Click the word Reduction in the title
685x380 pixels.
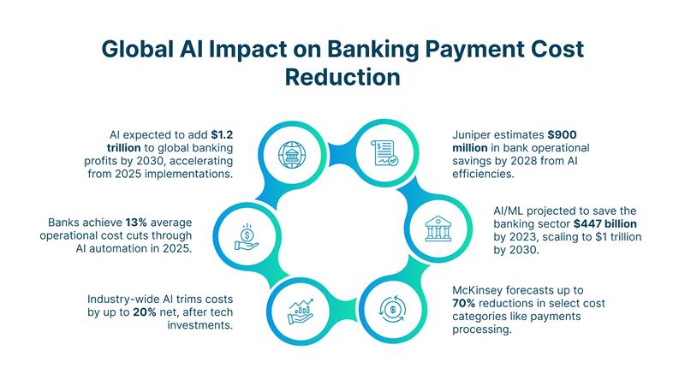[342, 76]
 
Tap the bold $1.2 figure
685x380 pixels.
[221, 134]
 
